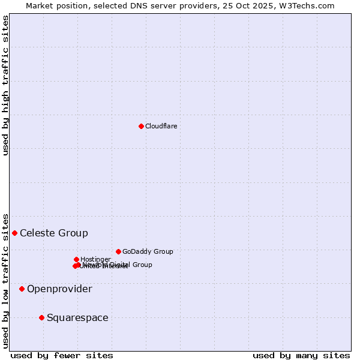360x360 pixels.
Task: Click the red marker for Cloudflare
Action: [x=141, y=126]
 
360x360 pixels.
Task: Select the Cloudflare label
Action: [x=161, y=126]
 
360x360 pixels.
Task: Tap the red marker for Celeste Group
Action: [x=14, y=233]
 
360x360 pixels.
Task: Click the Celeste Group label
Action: [x=54, y=233]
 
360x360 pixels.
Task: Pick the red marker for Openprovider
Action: [x=22, y=289]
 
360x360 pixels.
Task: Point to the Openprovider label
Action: [x=59, y=289]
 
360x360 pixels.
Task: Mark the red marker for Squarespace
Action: [x=41, y=317]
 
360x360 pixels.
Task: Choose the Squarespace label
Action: [x=77, y=317]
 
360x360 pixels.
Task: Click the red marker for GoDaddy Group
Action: [x=118, y=251]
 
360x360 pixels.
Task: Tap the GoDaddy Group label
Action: [x=148, y=251]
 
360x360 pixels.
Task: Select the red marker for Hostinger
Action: [x=76, y=259]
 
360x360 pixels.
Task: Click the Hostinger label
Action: [x=95, y=259]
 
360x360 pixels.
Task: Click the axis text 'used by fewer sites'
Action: [x=62, y=355]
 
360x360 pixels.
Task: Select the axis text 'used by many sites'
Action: [x=301, y=355]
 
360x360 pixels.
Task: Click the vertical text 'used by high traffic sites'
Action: [x=5, y=85]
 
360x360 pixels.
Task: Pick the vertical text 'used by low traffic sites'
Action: [x=5, y=280]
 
